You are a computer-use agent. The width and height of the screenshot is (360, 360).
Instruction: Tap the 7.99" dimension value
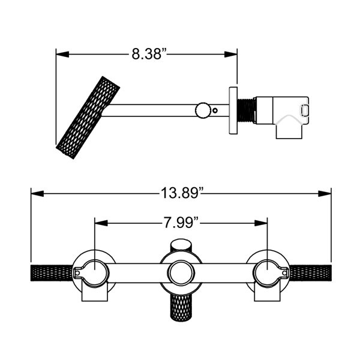[181, 223]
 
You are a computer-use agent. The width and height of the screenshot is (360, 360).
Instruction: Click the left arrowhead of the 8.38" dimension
[62, 55]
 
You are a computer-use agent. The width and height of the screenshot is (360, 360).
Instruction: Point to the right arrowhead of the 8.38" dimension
[231, 55]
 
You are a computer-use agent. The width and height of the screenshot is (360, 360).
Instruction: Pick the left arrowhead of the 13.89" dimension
[37, 194]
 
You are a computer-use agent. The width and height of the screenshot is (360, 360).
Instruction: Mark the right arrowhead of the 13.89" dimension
[325, 194]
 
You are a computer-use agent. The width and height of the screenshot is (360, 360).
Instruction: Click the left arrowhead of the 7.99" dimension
[101, 223]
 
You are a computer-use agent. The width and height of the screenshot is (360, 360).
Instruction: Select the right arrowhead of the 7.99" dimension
[261, 223]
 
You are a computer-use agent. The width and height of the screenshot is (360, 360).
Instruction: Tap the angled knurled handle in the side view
[88, 118]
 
